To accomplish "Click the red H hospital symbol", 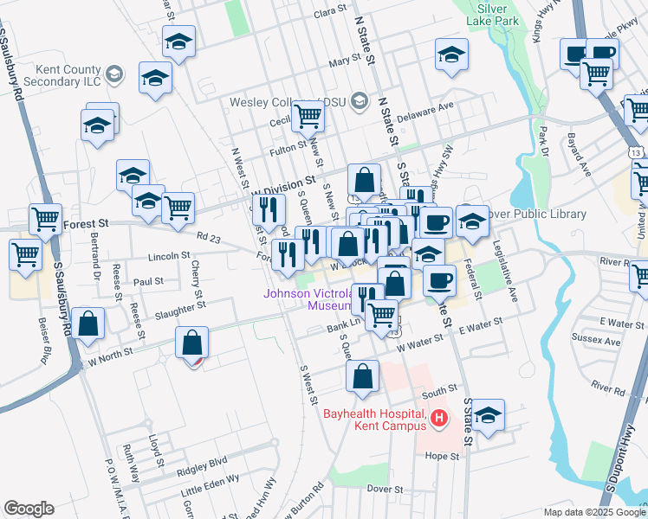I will click(438, 419).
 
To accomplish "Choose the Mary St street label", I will click(344, 61).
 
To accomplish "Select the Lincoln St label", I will click(168, 256).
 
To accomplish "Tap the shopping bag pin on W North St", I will click(191, 343).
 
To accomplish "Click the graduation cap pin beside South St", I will click(488, 413).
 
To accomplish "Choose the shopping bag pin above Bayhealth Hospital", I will click(362, 375).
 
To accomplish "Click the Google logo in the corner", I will click(29, 509).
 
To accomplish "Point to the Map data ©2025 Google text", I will click(594, 512).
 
